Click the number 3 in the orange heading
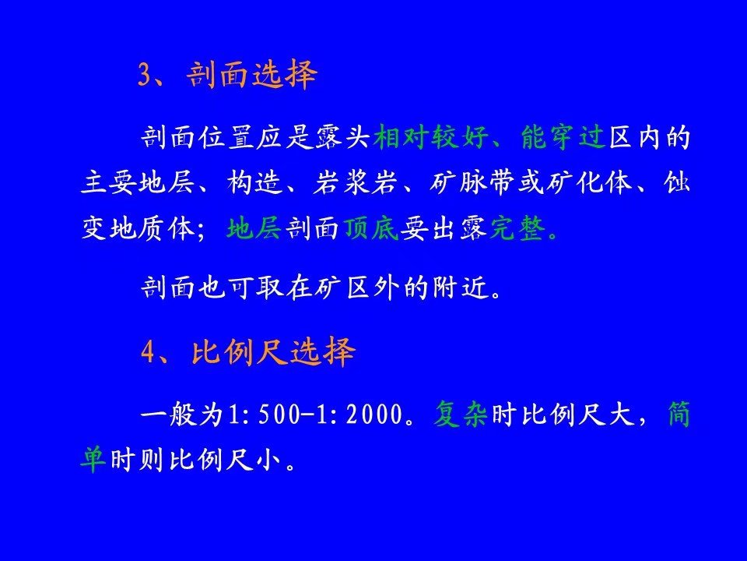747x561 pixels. tap(145, 75)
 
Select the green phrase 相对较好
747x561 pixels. tap(431, 137)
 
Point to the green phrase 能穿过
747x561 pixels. tap(563, 137)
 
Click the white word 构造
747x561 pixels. tap(255, 182)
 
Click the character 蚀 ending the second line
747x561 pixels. tap(677, 182)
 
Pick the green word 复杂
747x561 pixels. tap(461, 414)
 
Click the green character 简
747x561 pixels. tap(679, 414)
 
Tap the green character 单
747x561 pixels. tap(93, 460)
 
